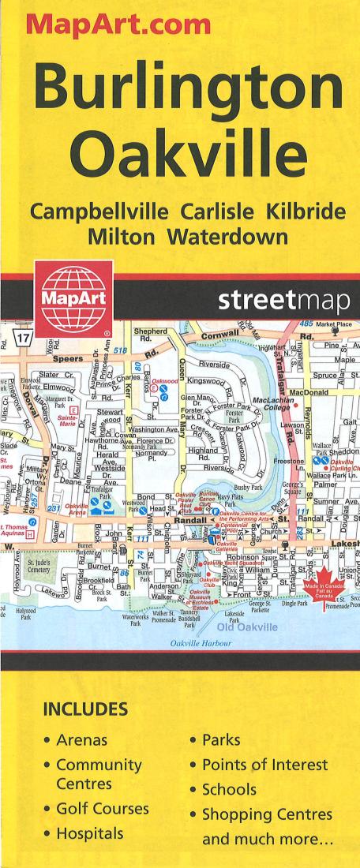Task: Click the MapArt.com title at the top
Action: click(118, 26)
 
